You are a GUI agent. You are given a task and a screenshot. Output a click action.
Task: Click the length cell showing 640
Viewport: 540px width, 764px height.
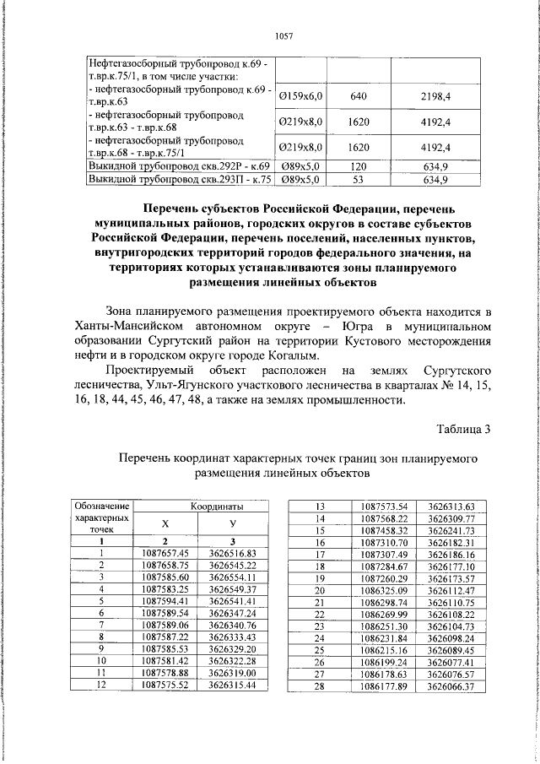[x=359, y=98]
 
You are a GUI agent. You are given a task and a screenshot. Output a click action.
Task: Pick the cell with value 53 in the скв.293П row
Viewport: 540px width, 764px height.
[x=359, y=180]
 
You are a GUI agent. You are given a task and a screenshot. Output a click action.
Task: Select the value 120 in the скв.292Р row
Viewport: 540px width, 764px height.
[x=359, y=166]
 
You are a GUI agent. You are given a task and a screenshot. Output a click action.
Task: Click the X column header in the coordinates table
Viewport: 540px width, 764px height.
[x=165, y=523]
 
